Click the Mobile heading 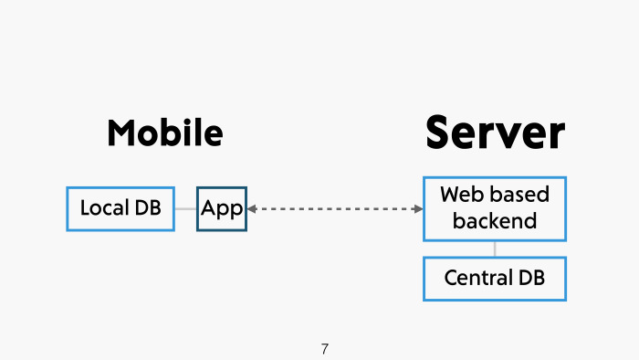click(165, 133)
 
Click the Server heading click(495, 132)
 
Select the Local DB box click(120, 208)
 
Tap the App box click(222, 208)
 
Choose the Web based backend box click(495, 208)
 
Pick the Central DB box click(495, 278)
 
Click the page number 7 click(325, 349)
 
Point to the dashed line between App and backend click(334, 209)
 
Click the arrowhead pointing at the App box click(252, 209)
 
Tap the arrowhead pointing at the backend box click(418, 209)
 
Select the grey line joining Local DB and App click(185, 209)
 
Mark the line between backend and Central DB click(495, 249)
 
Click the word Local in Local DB click(102, 208)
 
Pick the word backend click(495, 221)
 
